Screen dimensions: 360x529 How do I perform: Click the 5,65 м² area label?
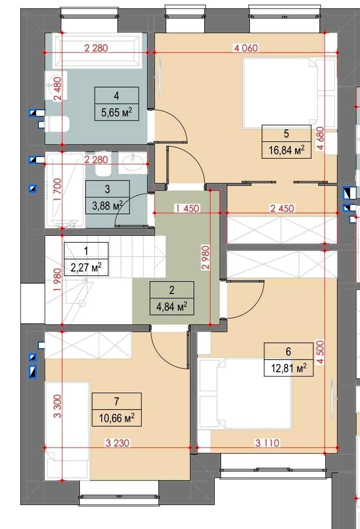coord(116,112)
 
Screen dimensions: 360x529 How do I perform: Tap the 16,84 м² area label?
coord(286,150)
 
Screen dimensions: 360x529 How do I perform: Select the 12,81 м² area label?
coord(289,368)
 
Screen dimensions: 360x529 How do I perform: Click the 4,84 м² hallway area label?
coord(172,307)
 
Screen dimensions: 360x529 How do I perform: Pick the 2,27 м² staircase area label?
coord(86,268)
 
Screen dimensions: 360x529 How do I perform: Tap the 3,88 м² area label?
coord(107,206)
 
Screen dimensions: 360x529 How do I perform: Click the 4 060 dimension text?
coord(246,48)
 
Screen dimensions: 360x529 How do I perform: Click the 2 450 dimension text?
coord(282,208)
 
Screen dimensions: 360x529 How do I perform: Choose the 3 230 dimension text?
coord(117,443)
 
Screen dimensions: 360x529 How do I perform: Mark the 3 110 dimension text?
coord(267,443)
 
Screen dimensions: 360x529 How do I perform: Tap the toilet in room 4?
coord(56,124)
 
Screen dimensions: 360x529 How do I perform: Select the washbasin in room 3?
coord(133,163)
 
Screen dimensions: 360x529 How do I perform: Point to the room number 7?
coord(116,401)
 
